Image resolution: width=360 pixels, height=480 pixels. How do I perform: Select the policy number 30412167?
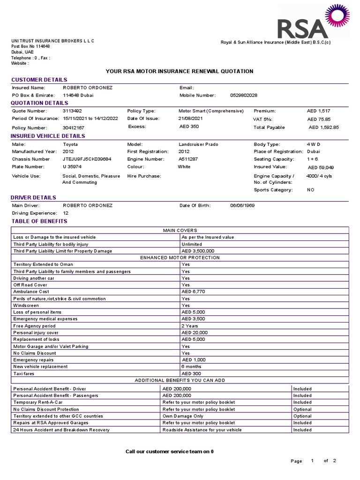click(x=74, y=127)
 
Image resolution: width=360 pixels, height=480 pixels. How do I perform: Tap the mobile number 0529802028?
click(x=244, y=95)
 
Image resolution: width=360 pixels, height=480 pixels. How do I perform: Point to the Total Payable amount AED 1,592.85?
click(x=323, y=127)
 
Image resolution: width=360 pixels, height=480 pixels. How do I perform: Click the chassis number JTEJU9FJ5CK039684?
click(x=87, y=159)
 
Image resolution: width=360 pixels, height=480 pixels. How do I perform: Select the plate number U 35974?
click(x=72, y=166)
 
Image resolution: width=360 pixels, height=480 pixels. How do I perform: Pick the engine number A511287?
click(x=188, y=159)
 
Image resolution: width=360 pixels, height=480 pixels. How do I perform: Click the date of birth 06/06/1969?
click(x=242, y=205)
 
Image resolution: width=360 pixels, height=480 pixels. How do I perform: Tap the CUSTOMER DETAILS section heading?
click(x=39, y=80)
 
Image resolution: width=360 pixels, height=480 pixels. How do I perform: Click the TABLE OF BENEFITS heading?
click(x=39, y=221)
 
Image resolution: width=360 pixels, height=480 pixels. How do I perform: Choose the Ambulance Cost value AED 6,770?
click(x=193, y=292)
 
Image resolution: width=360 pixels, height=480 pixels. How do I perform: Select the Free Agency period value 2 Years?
click(x=190, y=326)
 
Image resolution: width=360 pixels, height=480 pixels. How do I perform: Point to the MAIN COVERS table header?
click(x=180, y=230)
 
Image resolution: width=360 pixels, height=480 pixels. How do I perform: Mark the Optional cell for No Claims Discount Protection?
click(x=302, y=409)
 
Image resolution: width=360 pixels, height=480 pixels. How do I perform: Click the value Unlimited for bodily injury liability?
click(x=192, y=244)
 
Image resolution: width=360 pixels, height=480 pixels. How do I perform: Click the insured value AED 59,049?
click(x=321, y=167)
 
